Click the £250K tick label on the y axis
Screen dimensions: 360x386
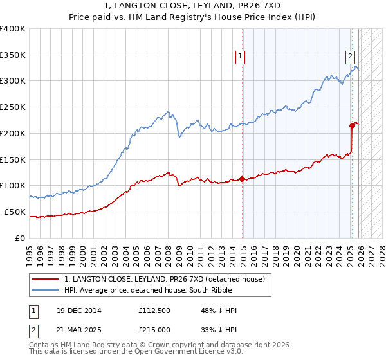(x=13, y=107)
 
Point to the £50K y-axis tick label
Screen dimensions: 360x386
(x=15, y=212)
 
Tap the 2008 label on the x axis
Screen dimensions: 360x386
(x=169, y=251)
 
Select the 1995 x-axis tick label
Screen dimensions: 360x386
(x=30, y=251)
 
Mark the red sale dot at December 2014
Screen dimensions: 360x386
(x=243, y=179)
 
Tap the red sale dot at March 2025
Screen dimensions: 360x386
(x=352, y=125)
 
